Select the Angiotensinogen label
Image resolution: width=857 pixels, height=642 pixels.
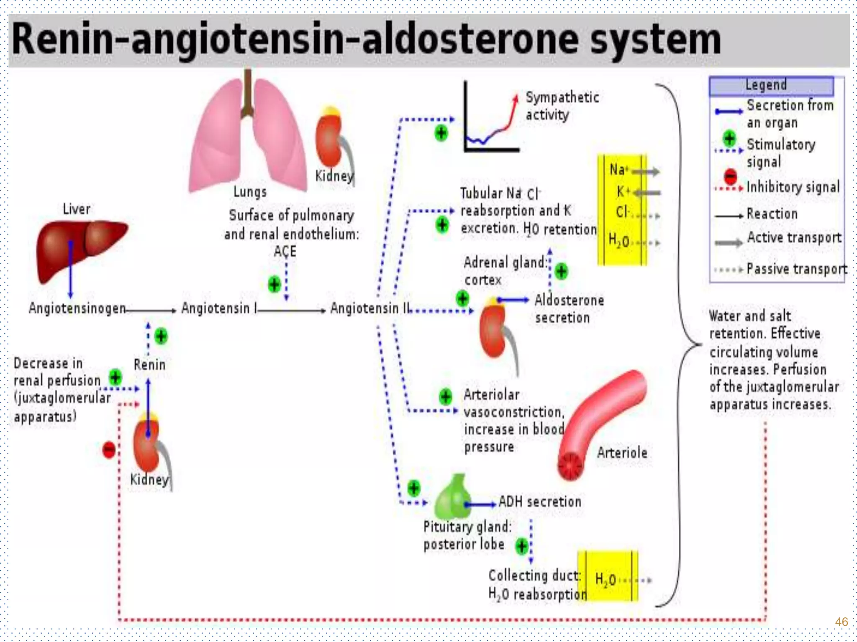click(x=77, y=308)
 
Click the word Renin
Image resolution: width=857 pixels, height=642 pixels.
click(x=149, y=365)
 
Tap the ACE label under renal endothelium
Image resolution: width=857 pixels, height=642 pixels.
click(x=285, y=252)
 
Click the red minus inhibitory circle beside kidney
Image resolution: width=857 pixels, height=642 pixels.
click(x=109, y=450)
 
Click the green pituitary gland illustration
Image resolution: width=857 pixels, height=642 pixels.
click(x=452, y=497)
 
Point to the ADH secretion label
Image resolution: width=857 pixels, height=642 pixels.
click(x=540, y=502)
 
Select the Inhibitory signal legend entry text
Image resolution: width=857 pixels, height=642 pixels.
click(x=793, y=187)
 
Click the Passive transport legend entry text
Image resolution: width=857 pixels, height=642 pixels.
click(x=796, y=269)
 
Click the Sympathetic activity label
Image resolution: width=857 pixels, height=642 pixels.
click(x=562, y=106)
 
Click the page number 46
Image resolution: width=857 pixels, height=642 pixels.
click(x=841, y=622)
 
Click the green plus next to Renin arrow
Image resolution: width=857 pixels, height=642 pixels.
click(x=161, y=336)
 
